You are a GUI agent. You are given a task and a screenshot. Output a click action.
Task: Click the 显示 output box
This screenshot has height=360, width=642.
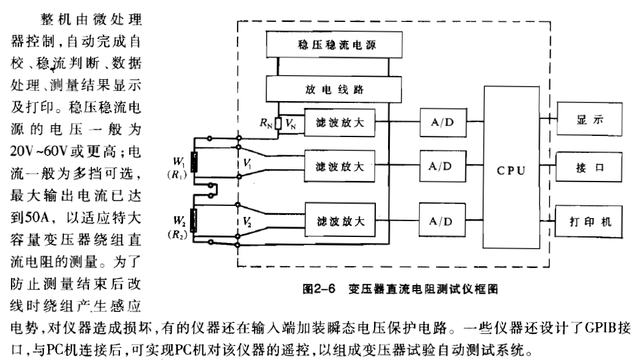(589, 120)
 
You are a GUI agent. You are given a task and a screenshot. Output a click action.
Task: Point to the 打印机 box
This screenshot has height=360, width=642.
(589, 220)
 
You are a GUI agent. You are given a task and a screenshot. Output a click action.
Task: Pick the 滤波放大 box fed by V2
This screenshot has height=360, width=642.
(339, 221)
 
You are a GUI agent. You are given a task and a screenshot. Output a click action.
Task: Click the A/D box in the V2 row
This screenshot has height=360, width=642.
(441, 221)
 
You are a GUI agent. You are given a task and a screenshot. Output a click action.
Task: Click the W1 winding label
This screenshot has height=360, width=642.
(179, 162)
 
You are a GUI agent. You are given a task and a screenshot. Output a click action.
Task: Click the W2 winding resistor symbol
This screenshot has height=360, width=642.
(194, 219)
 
